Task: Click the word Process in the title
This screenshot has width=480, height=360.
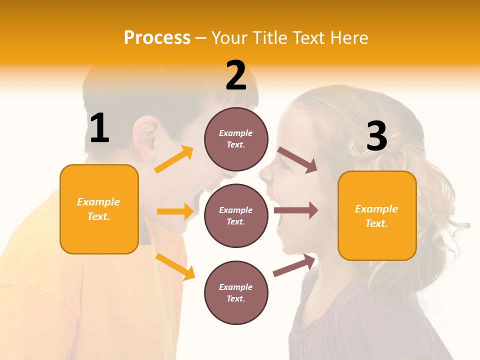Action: coord(157,38)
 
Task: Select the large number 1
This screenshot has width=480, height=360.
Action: coord(99,128)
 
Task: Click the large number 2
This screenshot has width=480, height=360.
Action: coord(236,75)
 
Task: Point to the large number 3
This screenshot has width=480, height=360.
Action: coord(376,136)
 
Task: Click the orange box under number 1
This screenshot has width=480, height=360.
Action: coord(99,209)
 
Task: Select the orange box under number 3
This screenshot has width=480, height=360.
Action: coord(377,215)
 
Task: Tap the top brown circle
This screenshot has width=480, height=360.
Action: coord(236,139)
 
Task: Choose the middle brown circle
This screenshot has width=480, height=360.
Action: coord(236,215)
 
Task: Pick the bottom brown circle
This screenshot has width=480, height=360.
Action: coord(236,292)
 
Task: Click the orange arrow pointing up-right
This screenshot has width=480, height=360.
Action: coord(174,159)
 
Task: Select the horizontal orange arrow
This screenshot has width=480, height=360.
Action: coord(175,211)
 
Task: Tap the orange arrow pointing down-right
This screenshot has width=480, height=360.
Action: coord(175,266)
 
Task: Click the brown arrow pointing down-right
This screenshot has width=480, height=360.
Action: coord(297,159)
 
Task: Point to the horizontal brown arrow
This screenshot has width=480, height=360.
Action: coord(296,210)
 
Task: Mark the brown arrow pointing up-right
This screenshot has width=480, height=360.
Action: coord(294,265)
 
